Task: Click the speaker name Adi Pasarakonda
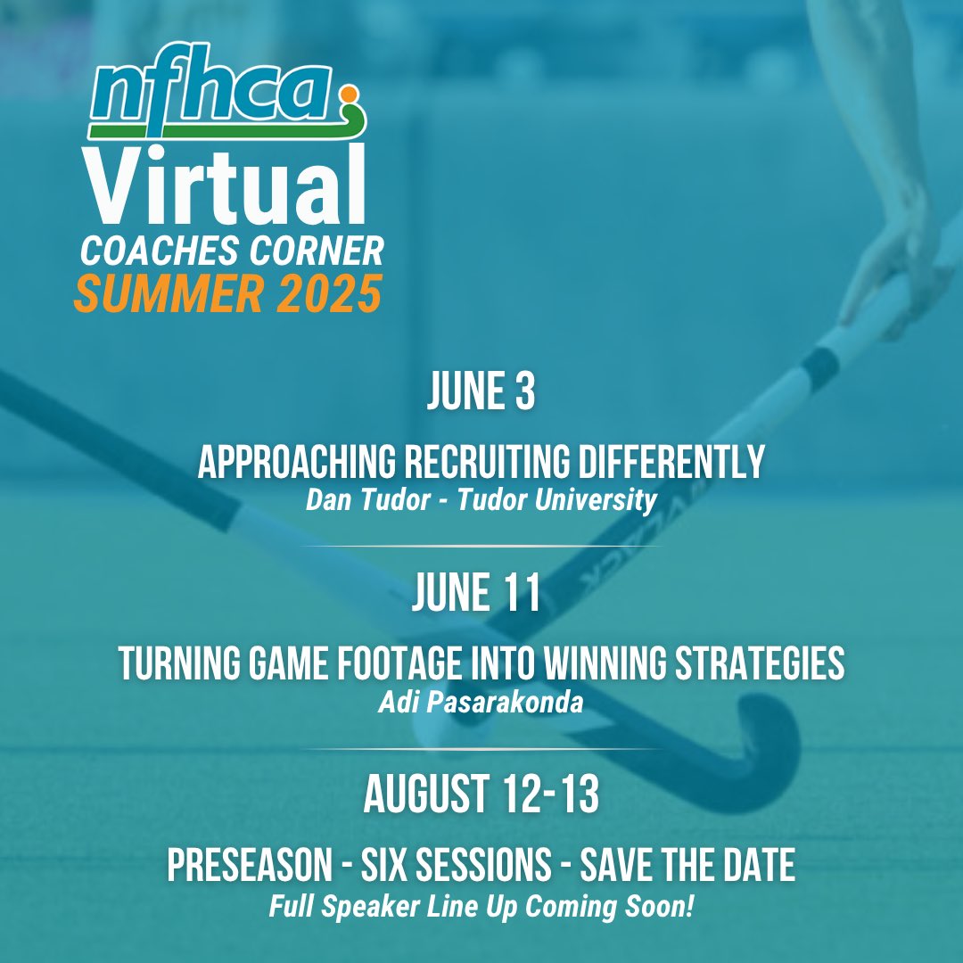[481, 703]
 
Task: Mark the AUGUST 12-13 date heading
[481, 796]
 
